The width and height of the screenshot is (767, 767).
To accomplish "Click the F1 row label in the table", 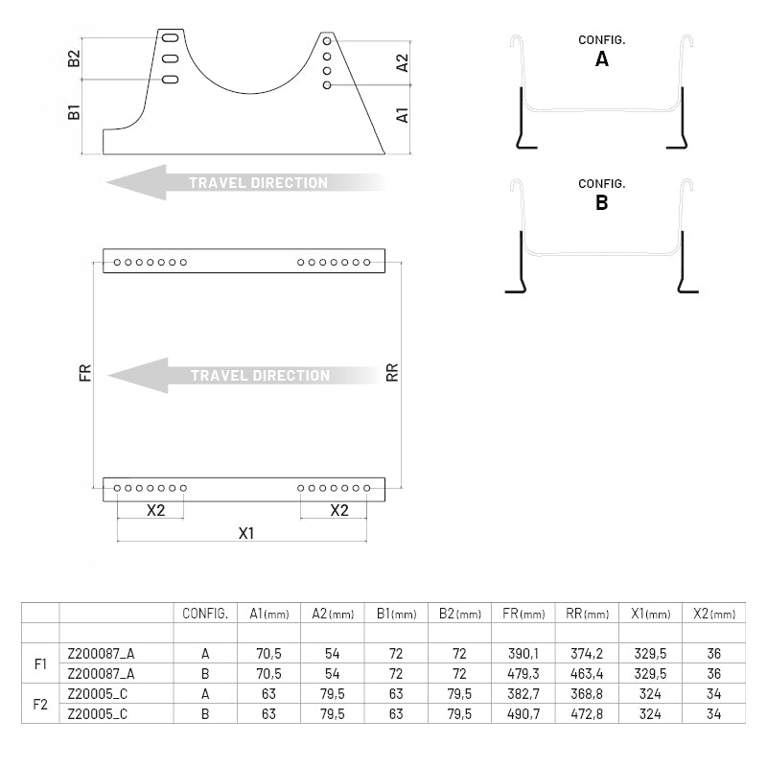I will (40, 662).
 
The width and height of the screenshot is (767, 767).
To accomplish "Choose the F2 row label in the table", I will (40, 704).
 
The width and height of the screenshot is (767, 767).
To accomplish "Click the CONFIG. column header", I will (204, 614).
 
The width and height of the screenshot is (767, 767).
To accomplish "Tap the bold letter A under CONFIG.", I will (602, 58).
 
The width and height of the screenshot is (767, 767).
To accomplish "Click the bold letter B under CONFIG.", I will (602, 202).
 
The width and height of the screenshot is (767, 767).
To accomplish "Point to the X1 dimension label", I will (246, 533).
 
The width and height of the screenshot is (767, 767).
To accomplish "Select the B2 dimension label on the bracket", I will (74, 59).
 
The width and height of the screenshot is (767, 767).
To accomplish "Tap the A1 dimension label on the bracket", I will (403, 115).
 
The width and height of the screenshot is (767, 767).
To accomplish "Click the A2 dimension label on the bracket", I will (403, 63).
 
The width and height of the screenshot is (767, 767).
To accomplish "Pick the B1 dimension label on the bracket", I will (74, 112).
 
